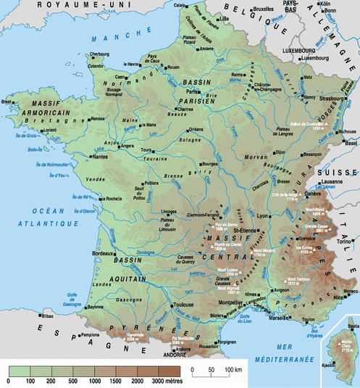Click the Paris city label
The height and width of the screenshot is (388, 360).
pyautogui.click(x=192, y=92)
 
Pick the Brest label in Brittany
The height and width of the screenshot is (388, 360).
pyautogui.click(x=7, y=102)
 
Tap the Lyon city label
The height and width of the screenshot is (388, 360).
pyautogui.click(x=261, y=216)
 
